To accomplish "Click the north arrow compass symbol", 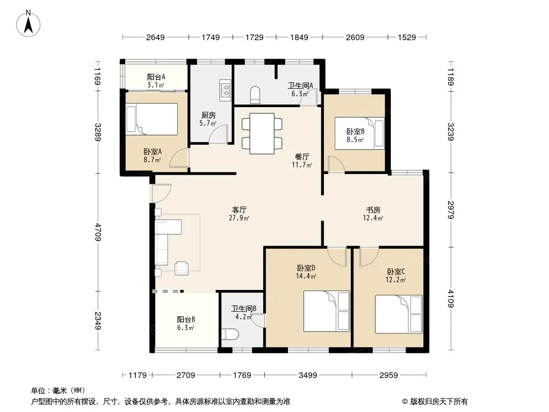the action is (28, 24).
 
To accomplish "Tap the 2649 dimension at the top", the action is (155, 38).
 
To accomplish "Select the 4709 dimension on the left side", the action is (98, 232).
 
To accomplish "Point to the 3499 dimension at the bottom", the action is (308, 375).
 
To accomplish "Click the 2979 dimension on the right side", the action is (451, 210).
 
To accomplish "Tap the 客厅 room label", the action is (239, 210).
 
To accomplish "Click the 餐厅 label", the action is (302, 157).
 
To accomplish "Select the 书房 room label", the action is (373, 210).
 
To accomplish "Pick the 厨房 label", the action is (209, 115).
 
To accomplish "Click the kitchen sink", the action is (225, 90).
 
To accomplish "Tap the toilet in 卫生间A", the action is (255, 95).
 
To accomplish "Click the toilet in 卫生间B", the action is (230, 335).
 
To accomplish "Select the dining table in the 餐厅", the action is (262, 133).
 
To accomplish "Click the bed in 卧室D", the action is (327, 311).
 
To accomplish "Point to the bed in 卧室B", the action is (359, 133).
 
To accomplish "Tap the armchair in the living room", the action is (182, 268).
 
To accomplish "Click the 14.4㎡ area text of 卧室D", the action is (306, 276).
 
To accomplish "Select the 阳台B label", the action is (186, 320).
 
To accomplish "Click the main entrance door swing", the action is (161, 193).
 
